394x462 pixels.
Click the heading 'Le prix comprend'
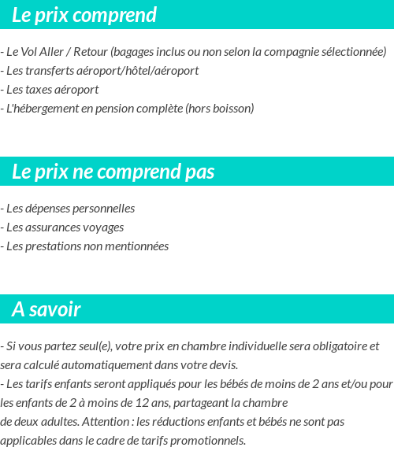84,15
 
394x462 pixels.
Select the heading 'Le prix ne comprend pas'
113,172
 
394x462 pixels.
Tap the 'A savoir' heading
46,309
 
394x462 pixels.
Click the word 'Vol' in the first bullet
37,52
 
